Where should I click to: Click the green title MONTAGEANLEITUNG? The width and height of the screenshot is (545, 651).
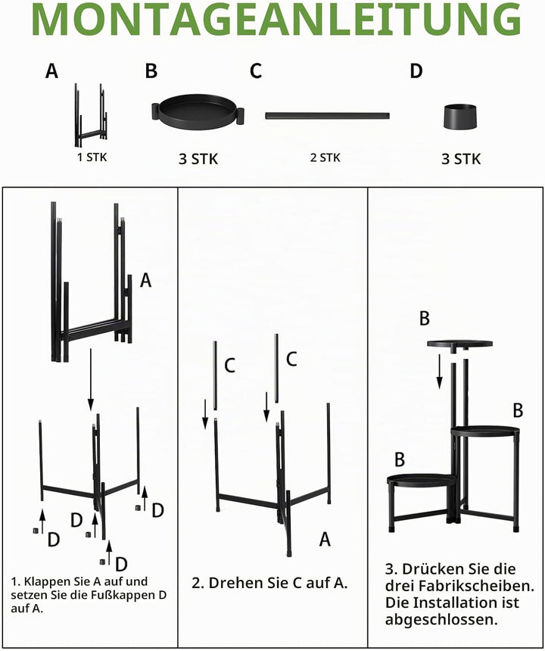[x=276, y=19]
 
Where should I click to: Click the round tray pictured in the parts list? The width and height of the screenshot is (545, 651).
[x=198, y=112]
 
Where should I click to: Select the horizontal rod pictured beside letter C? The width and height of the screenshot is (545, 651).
[x=328, y=115]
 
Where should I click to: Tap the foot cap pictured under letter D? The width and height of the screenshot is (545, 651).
[x=460, y=117]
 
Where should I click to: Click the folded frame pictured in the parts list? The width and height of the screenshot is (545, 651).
[x=91, y=115]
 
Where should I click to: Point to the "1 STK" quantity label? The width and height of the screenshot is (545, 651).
[x=92, y=157]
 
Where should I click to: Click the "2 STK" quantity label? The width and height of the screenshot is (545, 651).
[x=325, y=157]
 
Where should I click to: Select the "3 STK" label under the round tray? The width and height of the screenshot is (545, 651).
[x=198, y=159]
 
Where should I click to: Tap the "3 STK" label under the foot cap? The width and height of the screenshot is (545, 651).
[x=461, y=159]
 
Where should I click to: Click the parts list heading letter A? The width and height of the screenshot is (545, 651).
[x=51, y=71]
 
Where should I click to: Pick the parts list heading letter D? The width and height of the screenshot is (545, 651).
[x=416, y=71]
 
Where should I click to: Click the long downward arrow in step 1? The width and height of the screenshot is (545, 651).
[x=91, y=379]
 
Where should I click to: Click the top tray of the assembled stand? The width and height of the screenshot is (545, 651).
[x=460, y=344]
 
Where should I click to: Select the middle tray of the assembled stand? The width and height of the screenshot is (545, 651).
[x=484, y=431]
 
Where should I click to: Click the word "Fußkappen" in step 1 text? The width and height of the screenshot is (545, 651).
[x=126, y=595]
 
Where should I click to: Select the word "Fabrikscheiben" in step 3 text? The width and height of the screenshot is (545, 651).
[x=476, y=586]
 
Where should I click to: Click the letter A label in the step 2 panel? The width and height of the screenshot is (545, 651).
[x=325, y=539]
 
